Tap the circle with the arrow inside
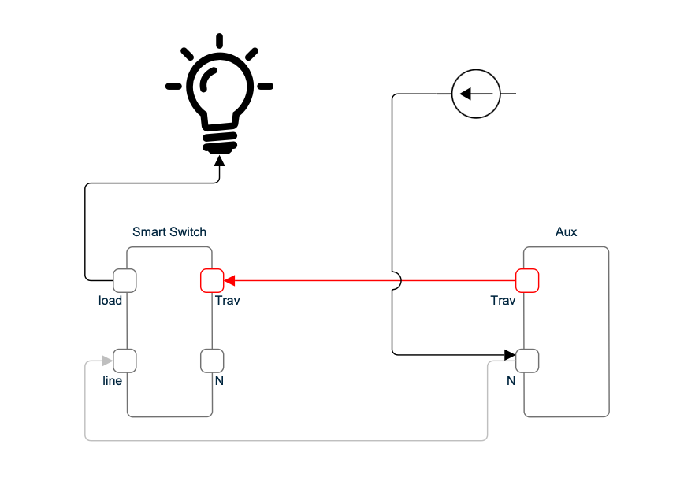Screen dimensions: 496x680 click(475, 94)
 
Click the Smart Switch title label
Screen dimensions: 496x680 click(169, 231)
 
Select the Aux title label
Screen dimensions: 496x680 click(566, 231)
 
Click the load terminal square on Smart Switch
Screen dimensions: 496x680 click(125, 279)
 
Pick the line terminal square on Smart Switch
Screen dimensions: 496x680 click(125, 361)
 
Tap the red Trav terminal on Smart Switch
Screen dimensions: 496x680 click(213, 279)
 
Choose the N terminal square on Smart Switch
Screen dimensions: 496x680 click(213, 361)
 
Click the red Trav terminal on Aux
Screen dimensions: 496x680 click(527, 279)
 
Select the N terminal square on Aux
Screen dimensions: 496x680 click(527, 361)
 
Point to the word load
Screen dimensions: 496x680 click(110, 300)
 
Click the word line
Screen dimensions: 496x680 click(113, 381)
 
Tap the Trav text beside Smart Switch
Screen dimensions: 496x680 click(227, 300)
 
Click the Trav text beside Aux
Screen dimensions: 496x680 click(503, 300)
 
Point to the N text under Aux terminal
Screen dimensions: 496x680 click(511, 381)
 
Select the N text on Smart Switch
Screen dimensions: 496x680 click(219, 381)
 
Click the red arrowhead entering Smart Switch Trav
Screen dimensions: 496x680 click(230, 279)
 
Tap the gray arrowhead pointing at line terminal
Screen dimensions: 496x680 click(108, 361)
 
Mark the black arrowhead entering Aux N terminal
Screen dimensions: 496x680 click(510, 355)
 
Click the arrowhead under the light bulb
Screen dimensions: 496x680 click(220, 160)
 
